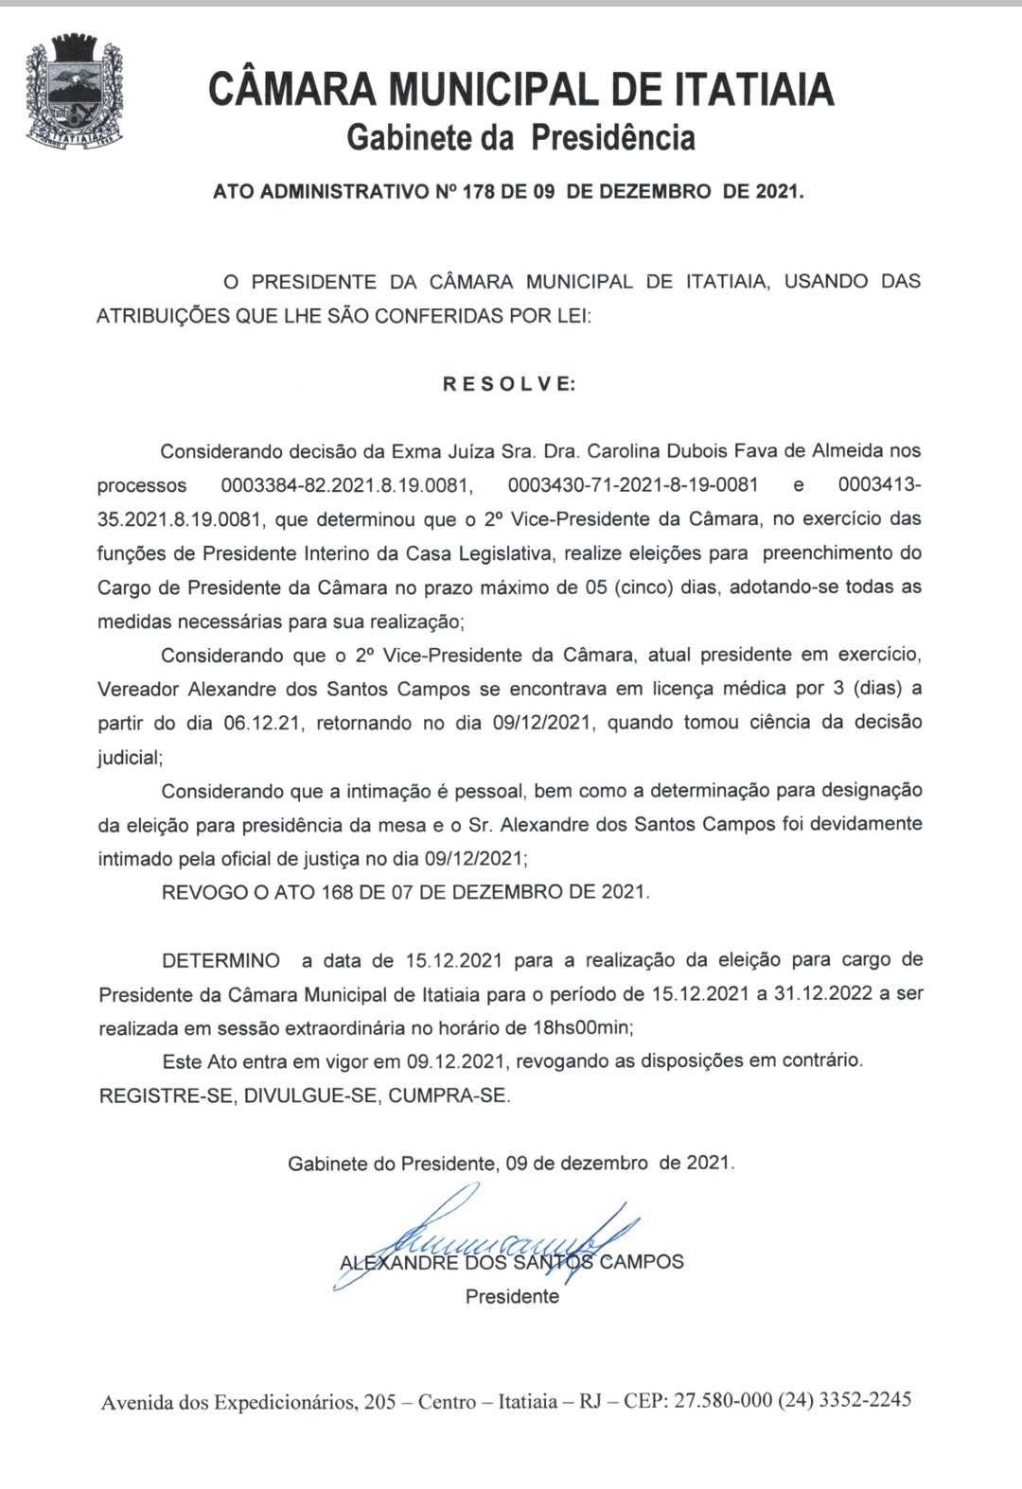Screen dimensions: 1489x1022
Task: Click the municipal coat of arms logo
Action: (x=74, y=91)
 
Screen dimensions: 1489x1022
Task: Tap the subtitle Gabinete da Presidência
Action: (x=520, y=138)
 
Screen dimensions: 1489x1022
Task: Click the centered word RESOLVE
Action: (x=509, y=384)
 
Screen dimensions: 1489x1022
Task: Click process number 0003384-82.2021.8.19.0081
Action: (x=346, y=485)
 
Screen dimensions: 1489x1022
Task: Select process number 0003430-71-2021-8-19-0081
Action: (x=633, y=485)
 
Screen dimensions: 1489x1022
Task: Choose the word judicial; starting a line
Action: (x=130, y=758)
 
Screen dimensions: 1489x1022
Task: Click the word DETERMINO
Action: (x=220, y=961)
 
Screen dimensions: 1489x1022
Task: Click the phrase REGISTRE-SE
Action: (x=167, y=1096)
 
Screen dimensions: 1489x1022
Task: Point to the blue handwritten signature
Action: (x=492, y=1239)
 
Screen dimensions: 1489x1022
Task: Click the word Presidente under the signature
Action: (x=512, y=1297)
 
